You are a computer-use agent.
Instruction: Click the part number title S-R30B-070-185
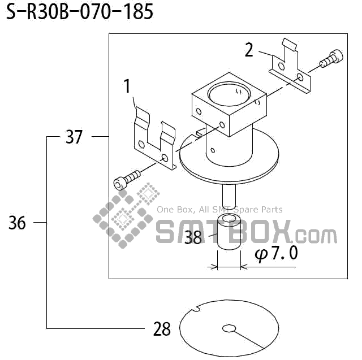tap(80, 12)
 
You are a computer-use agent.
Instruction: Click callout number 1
tap(127, 86)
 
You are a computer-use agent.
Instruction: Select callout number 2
tap(249, 50)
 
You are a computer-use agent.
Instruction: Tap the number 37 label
tap(74, 137)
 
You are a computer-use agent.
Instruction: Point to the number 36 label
tap(18, 223)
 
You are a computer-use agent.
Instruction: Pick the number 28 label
tap(162, 329)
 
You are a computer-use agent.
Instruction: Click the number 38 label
tap(193, 237)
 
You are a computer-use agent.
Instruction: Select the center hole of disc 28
tap(230, 328)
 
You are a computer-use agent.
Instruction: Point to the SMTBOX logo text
tap(245, 232)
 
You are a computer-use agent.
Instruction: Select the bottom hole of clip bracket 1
tap(165, 157)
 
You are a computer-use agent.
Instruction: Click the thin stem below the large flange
tap(229, 198)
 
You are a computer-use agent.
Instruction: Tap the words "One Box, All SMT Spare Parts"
tap(219, 210)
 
